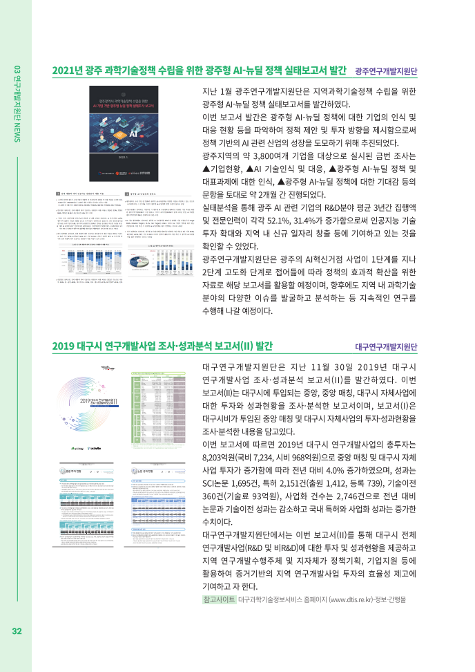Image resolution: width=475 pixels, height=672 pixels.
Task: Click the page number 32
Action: [17, 631]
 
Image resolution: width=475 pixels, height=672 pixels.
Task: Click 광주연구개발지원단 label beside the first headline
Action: [387, 72]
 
